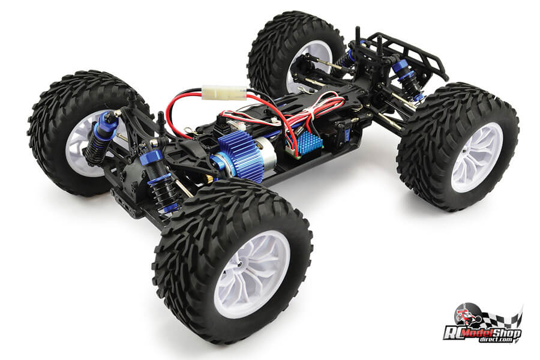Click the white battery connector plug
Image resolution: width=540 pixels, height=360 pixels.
coord(224,92)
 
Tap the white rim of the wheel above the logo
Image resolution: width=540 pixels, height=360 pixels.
coord(478,157)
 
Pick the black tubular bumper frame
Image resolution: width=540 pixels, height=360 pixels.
coord(410,55)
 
